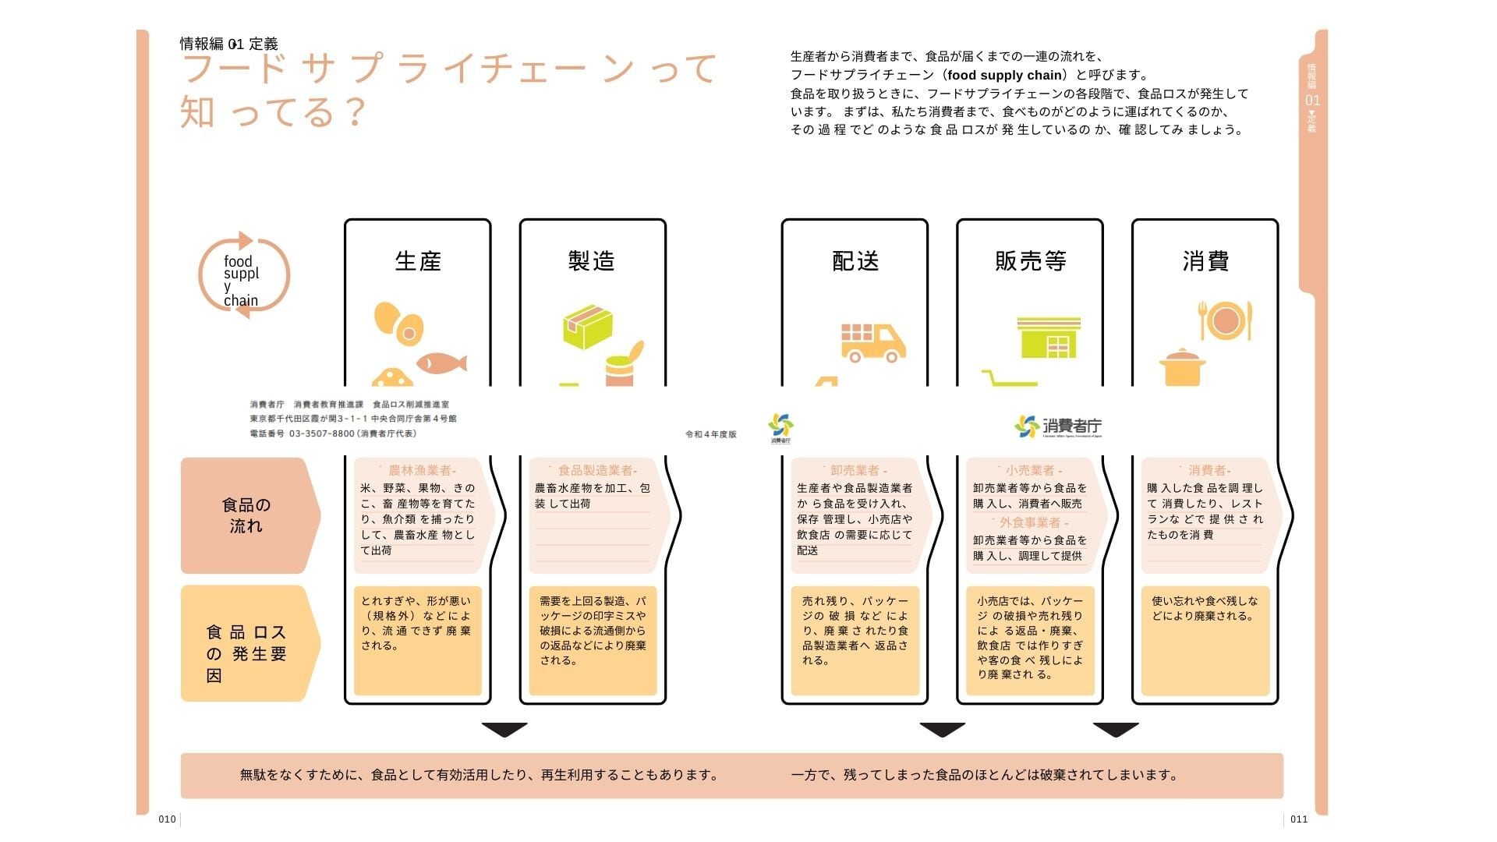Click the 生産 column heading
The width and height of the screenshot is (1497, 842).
tap(418, 261)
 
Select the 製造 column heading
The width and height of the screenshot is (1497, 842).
tap(592, 261)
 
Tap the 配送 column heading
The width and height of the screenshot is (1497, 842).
tap(855, 261)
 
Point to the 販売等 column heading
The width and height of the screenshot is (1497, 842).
tap(1030, 261)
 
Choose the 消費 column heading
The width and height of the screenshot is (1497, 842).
tap(1205, 261)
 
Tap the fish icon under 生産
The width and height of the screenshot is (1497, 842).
tap(441, 363)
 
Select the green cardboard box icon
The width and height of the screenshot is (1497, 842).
tap(588, 327)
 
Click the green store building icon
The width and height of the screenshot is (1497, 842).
tap(1049, 337)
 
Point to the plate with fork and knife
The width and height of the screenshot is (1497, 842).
tap(1225, 320)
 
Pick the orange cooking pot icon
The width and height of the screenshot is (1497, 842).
tap(1183, 368)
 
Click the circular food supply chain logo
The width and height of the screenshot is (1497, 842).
tap(244, 276)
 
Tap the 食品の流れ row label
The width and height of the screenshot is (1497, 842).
tap(246, 515)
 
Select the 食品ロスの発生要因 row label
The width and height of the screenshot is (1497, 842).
tap(246, 653)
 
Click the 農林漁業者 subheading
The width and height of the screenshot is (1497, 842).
tap(420, 470)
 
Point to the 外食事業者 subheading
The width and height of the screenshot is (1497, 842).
tap(1030, 522)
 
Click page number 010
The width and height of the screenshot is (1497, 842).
tap(167, 819)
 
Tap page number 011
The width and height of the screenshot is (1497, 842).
tap(1299, 819)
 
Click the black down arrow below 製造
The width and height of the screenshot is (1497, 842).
tap(504, 730)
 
